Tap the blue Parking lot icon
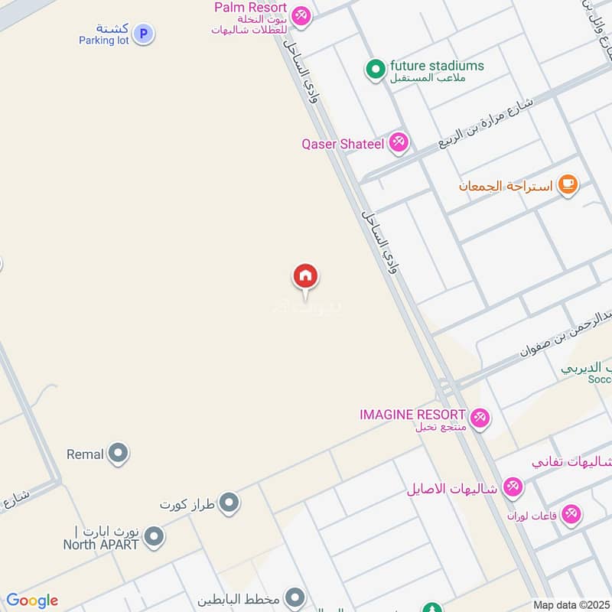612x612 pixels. (142, 33)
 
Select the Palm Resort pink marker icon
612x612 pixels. (301, 15)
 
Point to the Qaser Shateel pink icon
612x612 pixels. (398, 142)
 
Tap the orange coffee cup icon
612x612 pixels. (567, 184)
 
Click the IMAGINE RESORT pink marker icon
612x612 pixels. (480, 418)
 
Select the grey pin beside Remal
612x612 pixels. (118, 454)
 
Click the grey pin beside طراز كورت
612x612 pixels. (229, 503)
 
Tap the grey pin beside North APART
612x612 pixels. (154, 537)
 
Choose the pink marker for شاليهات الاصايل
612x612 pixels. (513, 487)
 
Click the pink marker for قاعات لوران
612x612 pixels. (571, 515)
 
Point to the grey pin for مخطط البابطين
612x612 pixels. (295, 597)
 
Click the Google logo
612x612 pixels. (32, 601)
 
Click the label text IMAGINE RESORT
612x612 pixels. (412, 414)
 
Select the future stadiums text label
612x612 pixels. (437, 66)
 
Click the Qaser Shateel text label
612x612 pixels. (343, 143)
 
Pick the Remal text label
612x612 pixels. (85, 454)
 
